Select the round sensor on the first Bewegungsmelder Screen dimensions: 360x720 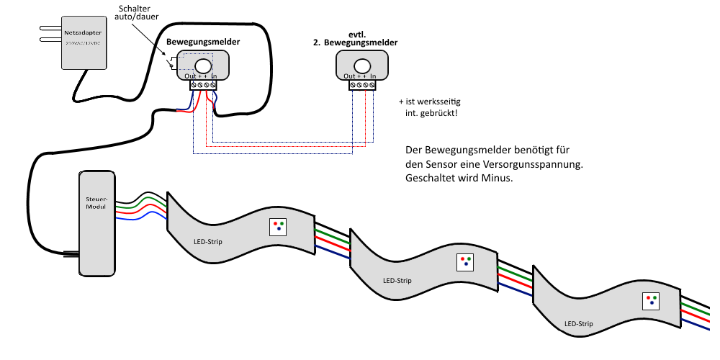coord(203,65)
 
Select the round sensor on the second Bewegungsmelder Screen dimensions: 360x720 coord(363,66)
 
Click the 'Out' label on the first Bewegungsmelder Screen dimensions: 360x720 coord(190,76)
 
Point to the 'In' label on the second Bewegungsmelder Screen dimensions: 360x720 coord(374,76)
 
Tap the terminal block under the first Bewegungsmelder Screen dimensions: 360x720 coord(203,85)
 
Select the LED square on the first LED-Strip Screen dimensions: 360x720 coord(278,226)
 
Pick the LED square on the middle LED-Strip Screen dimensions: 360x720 coord(465,261)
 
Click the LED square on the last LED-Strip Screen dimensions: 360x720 coord(652,300)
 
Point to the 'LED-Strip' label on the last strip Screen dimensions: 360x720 coord(579,324)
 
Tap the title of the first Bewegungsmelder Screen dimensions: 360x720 coord(203,42)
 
